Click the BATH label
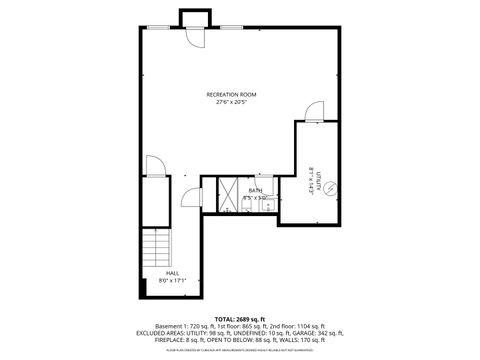pos(255,190)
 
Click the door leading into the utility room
pos(313,112)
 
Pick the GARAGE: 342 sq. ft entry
pos(314,334)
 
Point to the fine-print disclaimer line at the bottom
pos(240,350)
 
